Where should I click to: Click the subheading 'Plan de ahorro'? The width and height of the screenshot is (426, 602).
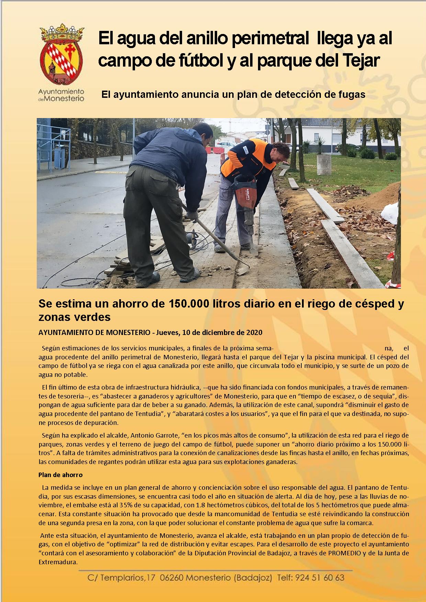click(60, 475)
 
